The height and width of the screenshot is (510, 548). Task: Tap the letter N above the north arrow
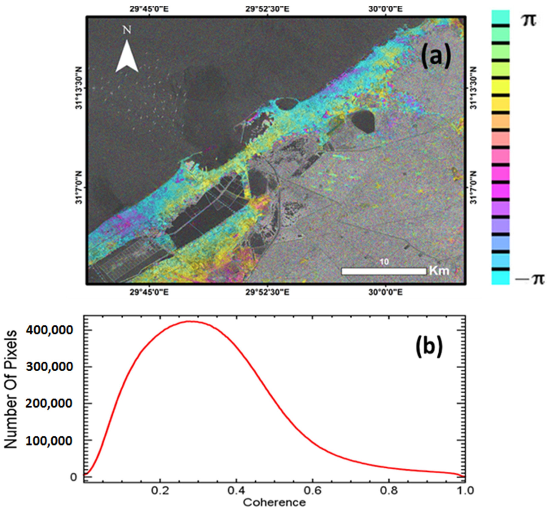pos(127,30)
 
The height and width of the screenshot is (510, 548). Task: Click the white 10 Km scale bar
pos(384,271)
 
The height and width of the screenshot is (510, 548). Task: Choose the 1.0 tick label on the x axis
pos(465,491)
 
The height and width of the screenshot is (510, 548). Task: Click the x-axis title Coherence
pos(274,503)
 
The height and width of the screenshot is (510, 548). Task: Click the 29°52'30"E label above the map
pos(267,9)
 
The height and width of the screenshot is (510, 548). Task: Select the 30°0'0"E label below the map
pos(385,292)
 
